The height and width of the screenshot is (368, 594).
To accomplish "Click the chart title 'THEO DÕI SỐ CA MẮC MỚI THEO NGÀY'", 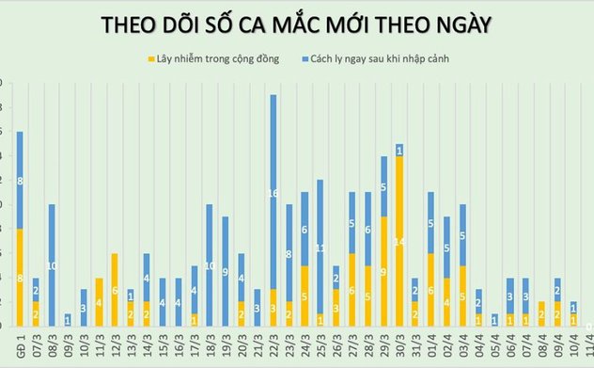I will (x=297, y=22).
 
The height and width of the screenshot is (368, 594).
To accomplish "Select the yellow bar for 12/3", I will (x=115, y=290).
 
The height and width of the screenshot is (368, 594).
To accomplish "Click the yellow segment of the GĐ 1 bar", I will (x=20, y=278).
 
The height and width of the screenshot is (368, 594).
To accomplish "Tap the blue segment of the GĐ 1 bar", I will (x=20, y=180).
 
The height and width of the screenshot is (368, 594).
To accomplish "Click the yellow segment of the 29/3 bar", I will (x=383, y=271).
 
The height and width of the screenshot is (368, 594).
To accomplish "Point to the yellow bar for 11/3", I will (x=99, y=302).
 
